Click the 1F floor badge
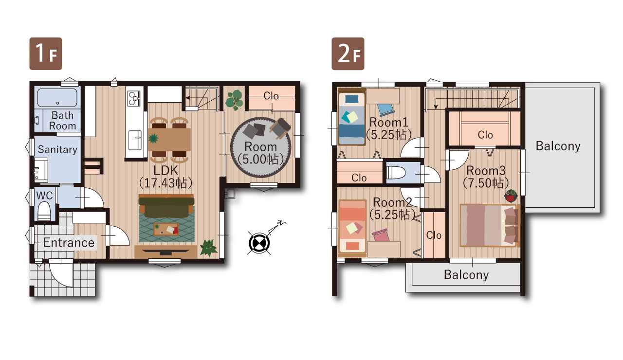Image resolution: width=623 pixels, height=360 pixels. click(46, 54)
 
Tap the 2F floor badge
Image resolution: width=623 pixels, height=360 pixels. click(348, 54)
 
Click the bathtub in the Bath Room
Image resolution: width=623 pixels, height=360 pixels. click(57, 98)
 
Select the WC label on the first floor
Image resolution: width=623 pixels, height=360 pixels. click(44, 196)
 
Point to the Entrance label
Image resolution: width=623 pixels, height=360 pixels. click(69, 243)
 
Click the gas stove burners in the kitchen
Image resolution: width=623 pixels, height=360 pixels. click(134, 98)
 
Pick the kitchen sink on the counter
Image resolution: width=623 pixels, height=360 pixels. click(135, 140)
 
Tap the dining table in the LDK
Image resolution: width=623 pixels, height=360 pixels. click(169, 140)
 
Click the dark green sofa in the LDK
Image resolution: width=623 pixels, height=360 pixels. click(166, 206)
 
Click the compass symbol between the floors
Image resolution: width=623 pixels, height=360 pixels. click(259, 243)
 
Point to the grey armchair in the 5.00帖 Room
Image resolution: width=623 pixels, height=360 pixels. click(280, 128)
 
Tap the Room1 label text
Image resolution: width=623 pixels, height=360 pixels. click(388, 122)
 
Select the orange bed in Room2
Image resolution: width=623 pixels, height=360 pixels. click(352, 228)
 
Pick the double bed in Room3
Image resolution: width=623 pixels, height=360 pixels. click(490, 225)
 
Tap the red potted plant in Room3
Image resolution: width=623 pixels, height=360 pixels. click(511, 196)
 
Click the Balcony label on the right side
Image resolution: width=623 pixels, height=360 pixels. click(558, 146)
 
